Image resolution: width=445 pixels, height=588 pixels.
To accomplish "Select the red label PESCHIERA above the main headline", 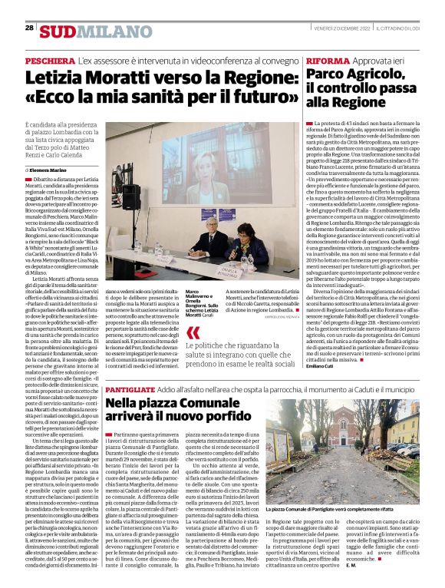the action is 49,60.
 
